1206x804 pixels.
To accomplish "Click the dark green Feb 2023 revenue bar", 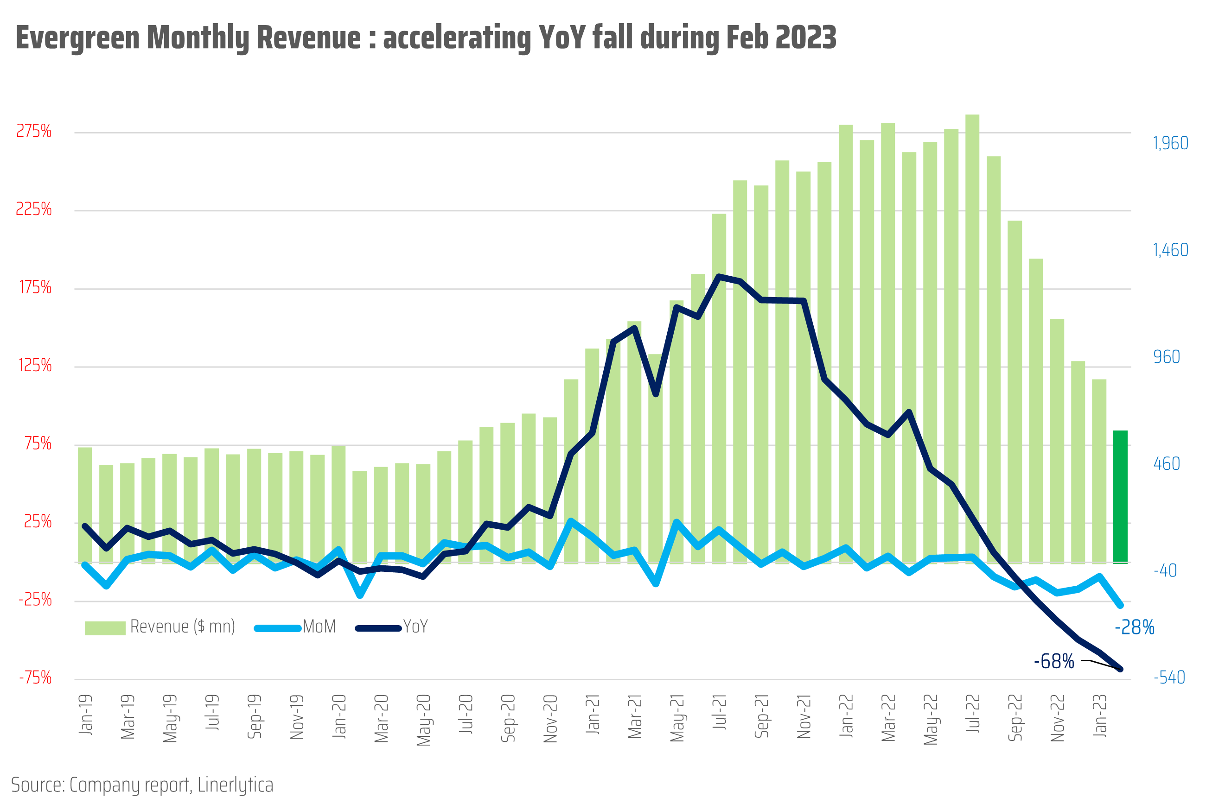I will pos(1120,496).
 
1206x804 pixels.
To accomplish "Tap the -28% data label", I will pos(1134,627).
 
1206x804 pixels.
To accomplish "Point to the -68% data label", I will pos(1053,661).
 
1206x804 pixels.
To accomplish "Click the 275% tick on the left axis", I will pos(34,132).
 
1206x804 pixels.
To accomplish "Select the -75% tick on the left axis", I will pos(35,678).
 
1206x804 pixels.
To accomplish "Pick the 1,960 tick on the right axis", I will pos(1170,143).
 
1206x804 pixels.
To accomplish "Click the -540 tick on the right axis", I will pos(1168,678).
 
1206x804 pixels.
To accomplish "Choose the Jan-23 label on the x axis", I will pos(1099,716).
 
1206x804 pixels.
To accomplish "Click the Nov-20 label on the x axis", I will pos(550,718).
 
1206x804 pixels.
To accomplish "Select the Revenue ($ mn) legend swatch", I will pos(105,628).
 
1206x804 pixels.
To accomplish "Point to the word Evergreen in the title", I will pos(77,38).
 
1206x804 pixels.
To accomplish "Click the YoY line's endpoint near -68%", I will pos(1120,669).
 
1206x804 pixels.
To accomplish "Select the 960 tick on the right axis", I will pos(1166,357).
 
